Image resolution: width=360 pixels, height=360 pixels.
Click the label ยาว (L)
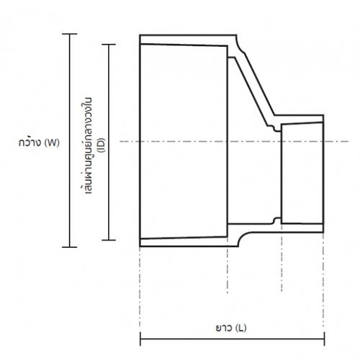[232, 328]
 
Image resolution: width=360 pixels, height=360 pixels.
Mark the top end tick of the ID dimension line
[109, 44]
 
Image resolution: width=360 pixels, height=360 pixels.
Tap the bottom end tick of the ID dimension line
[109, 239]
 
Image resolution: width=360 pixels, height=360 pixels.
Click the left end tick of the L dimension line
[139, 338]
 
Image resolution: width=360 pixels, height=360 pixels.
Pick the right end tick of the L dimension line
[325, 338]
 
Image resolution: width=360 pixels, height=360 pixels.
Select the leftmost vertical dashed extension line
[139, 288]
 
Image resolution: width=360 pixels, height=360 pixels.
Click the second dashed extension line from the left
[229, 288]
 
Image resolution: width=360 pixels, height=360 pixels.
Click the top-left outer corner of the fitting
[140, 35]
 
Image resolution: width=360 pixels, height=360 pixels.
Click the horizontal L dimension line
[187, 338]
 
